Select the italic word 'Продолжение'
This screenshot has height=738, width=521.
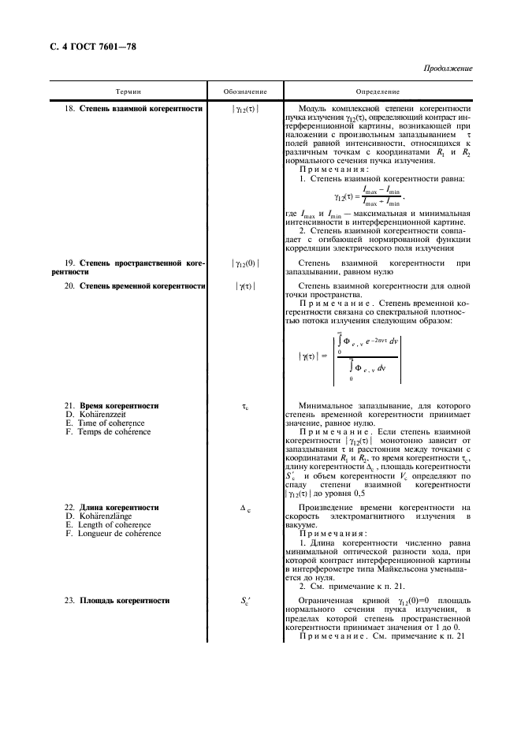[x=449, y=69]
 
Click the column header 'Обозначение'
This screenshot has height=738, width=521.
[x=245, y=92]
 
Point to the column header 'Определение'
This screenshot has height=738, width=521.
[x=378, y=92]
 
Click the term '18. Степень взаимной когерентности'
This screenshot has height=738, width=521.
[x=132, y=108]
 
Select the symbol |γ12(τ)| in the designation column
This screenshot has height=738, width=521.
[x=245, y=109]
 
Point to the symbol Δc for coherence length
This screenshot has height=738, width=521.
[x=245, y=508]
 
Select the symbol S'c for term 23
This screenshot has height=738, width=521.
[x=245, y=602]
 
